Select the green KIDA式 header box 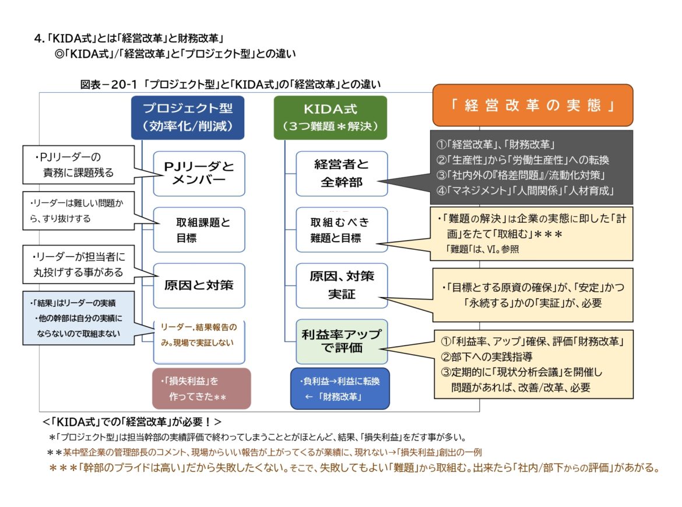tap(330, 117)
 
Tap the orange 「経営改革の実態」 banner tap(533, 106)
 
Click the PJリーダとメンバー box tap(199, 174)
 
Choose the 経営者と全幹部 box tap(341, 174)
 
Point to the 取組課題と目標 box tap(199, 230)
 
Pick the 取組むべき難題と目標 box tap(341, 230)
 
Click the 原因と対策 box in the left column tap(199, 285)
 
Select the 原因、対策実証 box tap(341, 285)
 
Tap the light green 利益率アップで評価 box tap(341, 341)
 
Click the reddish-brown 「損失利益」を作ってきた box tap(201, 389)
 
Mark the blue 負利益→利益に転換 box tap(340, 389)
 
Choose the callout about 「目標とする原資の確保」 tap(533, 295)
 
